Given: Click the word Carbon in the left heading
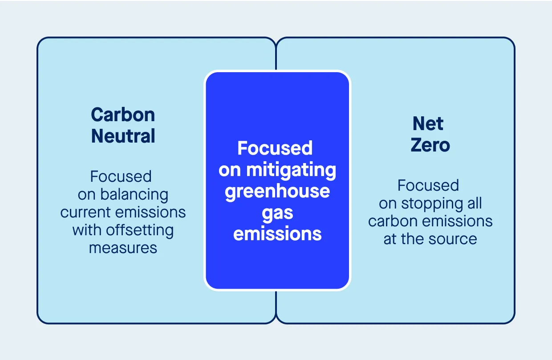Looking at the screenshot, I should [123, 115].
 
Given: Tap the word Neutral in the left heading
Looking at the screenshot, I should [123, 136].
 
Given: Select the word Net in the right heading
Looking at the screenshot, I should [428, 123].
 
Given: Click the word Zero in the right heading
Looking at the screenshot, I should [430, 145].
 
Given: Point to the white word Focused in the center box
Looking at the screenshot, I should [275, 148].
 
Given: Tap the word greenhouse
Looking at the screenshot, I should [277, 191].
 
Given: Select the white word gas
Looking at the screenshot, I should [277, 213].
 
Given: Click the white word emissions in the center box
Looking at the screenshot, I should [277, 233].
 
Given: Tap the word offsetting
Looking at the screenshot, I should [139, 230].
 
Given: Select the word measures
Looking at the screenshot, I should [123, 248].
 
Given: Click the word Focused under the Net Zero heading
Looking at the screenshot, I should [428, 185].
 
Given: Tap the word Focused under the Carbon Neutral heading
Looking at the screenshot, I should [121, 176].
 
